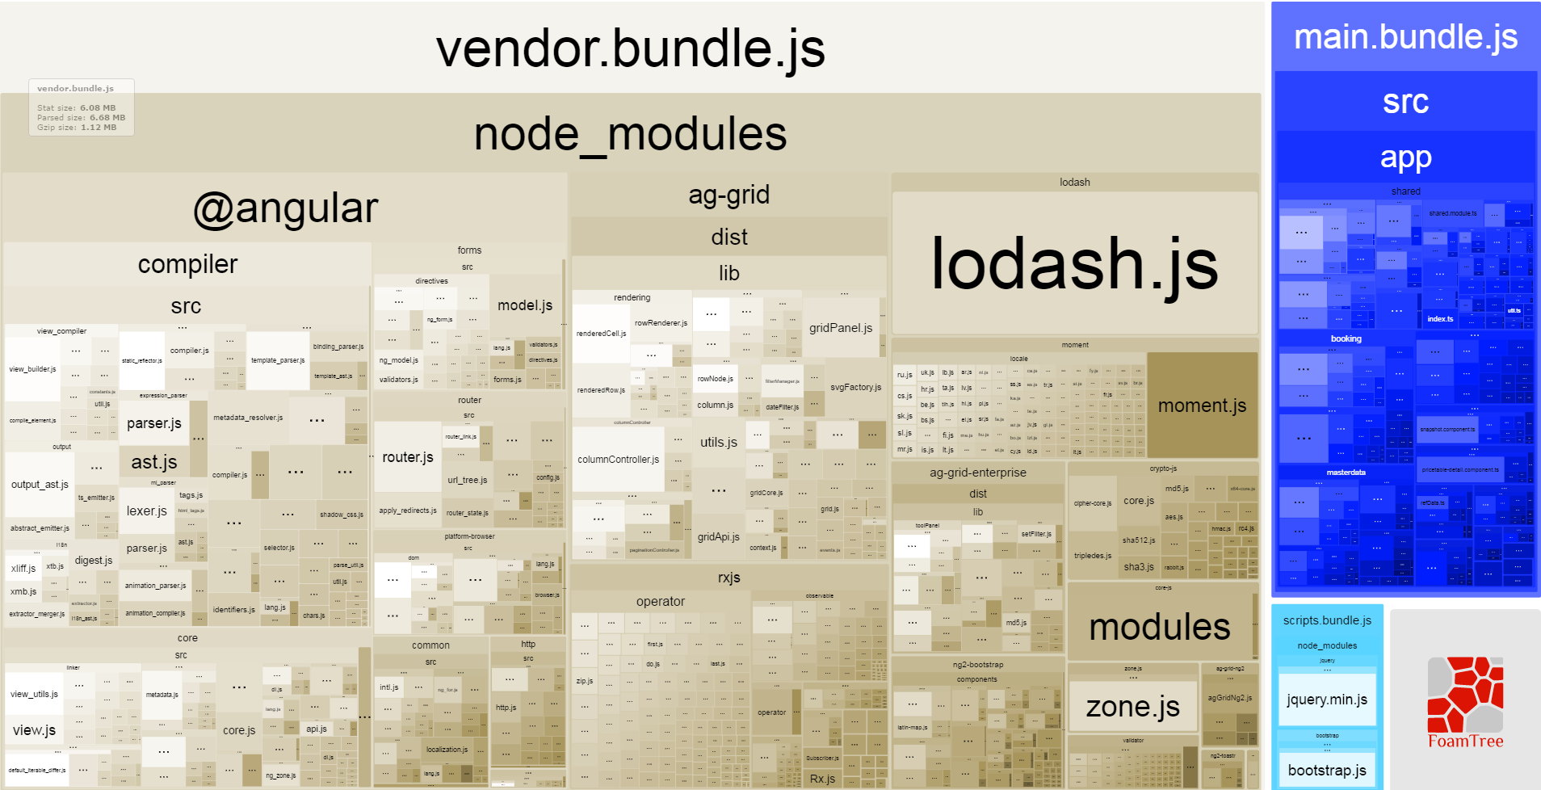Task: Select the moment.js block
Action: tap(1202, 406)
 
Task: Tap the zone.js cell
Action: tap(1132, 707)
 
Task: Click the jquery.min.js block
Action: tap(1326, 700)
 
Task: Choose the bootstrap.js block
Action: tap(1326, 770)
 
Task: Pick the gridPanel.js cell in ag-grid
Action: tap(841, 328)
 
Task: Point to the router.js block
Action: tap(408, 457)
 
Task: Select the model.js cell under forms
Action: tap(525, 305)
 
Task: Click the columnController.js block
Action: tap(618, 460)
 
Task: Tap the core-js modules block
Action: tap(1159, 627)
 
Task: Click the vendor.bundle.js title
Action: tap(630, 48)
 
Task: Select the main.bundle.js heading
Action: tap(1405, 37)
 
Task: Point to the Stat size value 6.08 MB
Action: tap(97, 108)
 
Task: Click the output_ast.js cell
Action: tap(40, 485)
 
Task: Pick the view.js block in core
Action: tap(34, 730)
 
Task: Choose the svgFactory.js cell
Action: tap(855, 388)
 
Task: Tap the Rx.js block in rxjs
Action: tap(822, 779)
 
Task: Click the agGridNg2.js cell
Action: tap(1229, 698)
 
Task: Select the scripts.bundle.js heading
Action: tap(1327, 620)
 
